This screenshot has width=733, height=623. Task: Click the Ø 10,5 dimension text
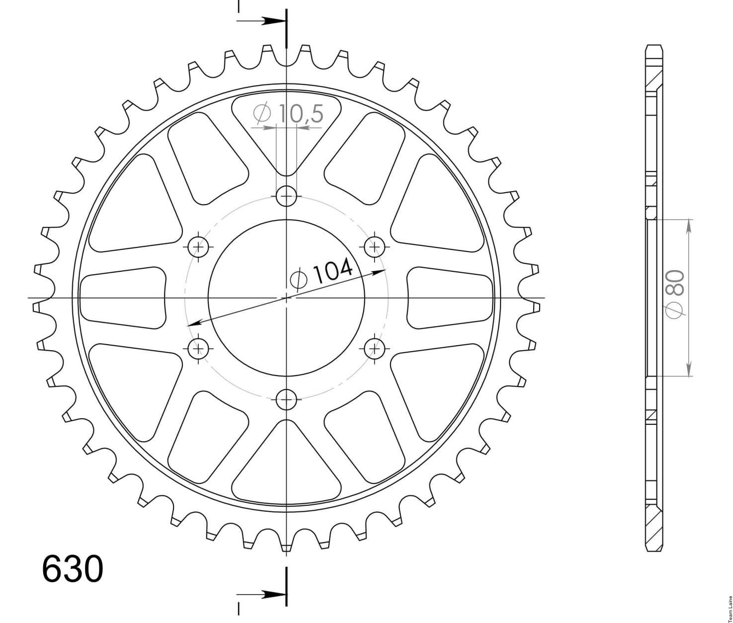click(x=288, y=113)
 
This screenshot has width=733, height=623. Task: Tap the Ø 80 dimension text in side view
click(x=674, y=293)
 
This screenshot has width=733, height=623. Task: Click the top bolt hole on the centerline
click(x=286, y=196)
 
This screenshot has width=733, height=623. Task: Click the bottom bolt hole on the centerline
click(x=286, y=399)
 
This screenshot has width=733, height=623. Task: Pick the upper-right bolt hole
click(x=375, y=246)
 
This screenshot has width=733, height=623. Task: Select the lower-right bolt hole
click(x=375, y=349)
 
